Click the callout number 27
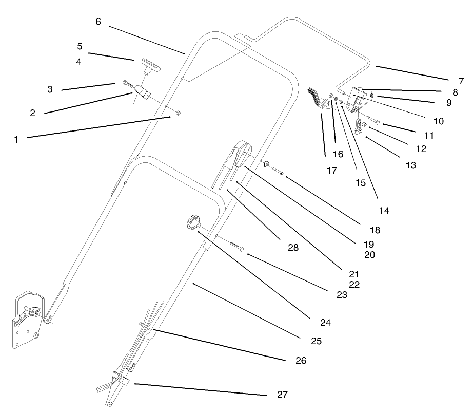pos(282,395)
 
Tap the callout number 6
pos(98,22)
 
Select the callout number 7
pos(461,81)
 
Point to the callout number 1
pos(16,139)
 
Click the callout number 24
pos(325,323)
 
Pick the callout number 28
pos(292,247)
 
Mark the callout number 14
pos(384,210)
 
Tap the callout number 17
pos(332,170)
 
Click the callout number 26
pos(301,361)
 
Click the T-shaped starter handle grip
pos(149,64)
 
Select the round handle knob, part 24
pos(192,223)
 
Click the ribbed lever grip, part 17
pos(317,98)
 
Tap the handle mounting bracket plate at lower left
pos(27,320)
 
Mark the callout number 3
pos(50,89)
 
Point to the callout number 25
pos(316,341)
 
